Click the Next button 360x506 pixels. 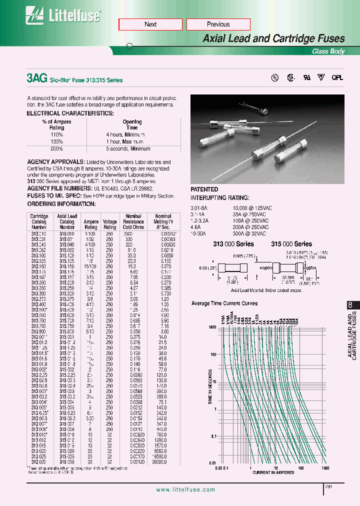tap(150, 24)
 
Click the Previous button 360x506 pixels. tap(218, 24)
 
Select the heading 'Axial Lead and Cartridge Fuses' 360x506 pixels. tap(273, 38)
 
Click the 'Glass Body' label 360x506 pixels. tap(328, 51)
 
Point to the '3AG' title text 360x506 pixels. tap(36, 78)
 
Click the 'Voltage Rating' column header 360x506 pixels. tap(109, 224)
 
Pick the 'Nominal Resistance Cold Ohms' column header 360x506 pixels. tap(133, 221)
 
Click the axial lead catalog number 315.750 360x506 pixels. tap(67, 325)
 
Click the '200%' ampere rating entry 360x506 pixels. tap(56, 149)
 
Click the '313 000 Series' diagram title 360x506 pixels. tap(233, 244)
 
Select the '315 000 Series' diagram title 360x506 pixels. tap(291, 244)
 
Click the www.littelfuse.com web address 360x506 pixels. tap(185, 490)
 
